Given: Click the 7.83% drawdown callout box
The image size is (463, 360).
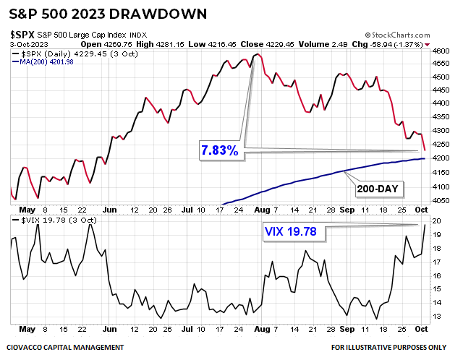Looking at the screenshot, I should (x=219, y=150).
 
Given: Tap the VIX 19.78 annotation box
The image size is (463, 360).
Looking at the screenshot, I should (x=289, y=231).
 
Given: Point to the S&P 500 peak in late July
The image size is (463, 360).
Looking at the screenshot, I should (x=255, y=54).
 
